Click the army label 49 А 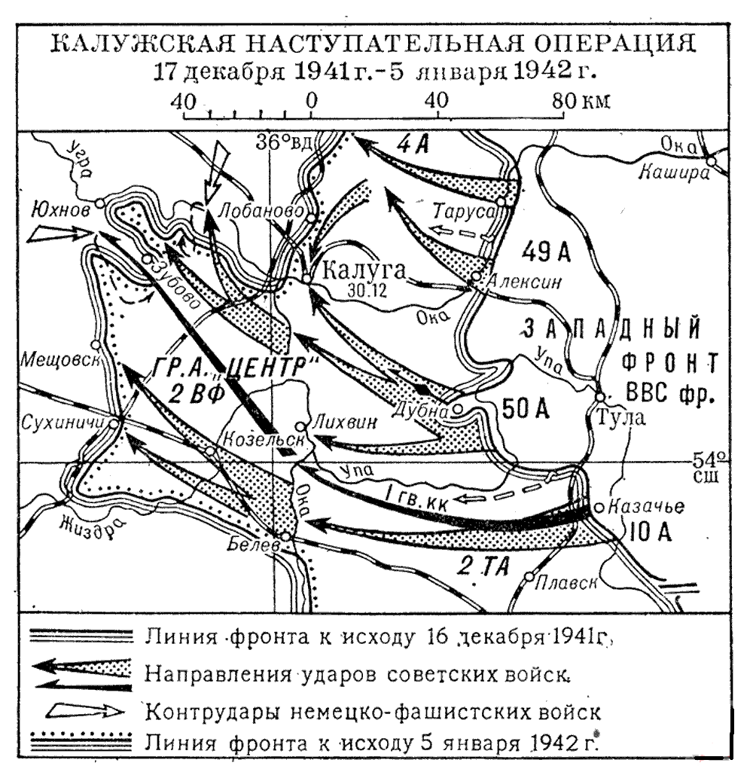coord(551,253)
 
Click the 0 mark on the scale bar coord(311,101)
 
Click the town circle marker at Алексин coord(476,277)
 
